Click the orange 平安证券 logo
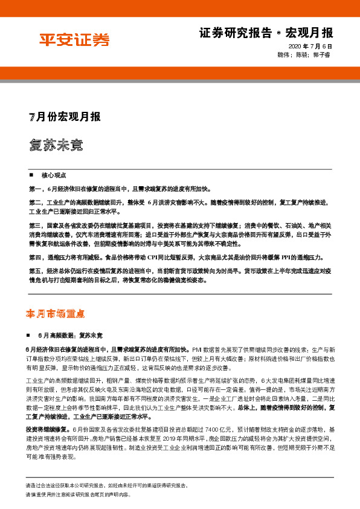pos(74,41)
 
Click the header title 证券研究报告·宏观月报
pos(266,33)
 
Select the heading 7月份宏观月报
pos(65,117)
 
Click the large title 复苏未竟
pos(56,146)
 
